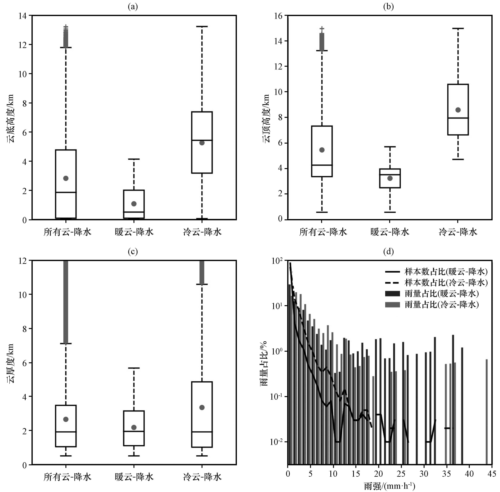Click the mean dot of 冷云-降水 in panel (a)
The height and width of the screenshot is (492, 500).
click(202, 143)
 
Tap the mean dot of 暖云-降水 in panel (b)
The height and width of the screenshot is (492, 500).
click(390, 178)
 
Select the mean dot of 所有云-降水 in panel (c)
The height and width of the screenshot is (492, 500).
click(66, 419)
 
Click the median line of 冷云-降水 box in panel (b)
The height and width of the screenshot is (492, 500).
click(458, 118)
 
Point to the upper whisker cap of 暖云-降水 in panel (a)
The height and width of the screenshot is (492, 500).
click(134, 159)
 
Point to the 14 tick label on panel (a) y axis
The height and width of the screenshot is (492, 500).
click(23, 16)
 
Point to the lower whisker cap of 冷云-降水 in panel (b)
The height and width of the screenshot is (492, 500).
click(458, 159)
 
